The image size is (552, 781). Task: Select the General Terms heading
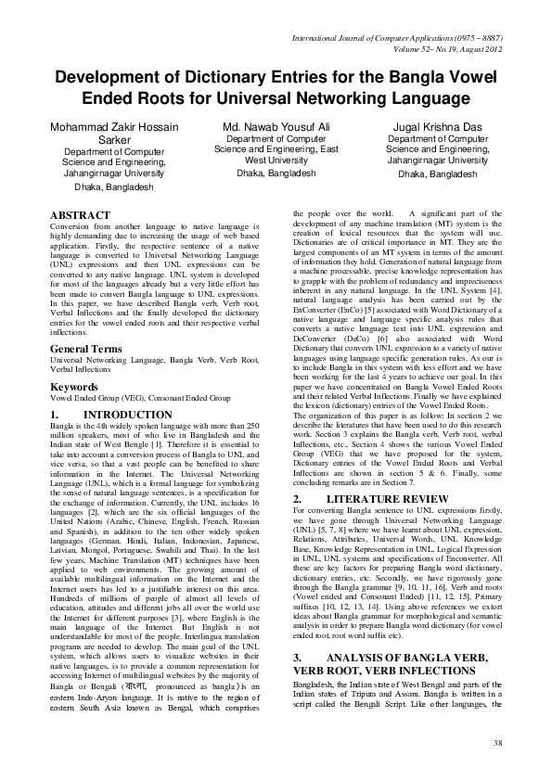click(x=89, y=349)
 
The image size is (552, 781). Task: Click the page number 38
click(x=496, y=743)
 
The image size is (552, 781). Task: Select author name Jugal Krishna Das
click(x=437, y=125)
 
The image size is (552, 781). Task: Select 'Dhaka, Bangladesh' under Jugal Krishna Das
click(x=438, y=174)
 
